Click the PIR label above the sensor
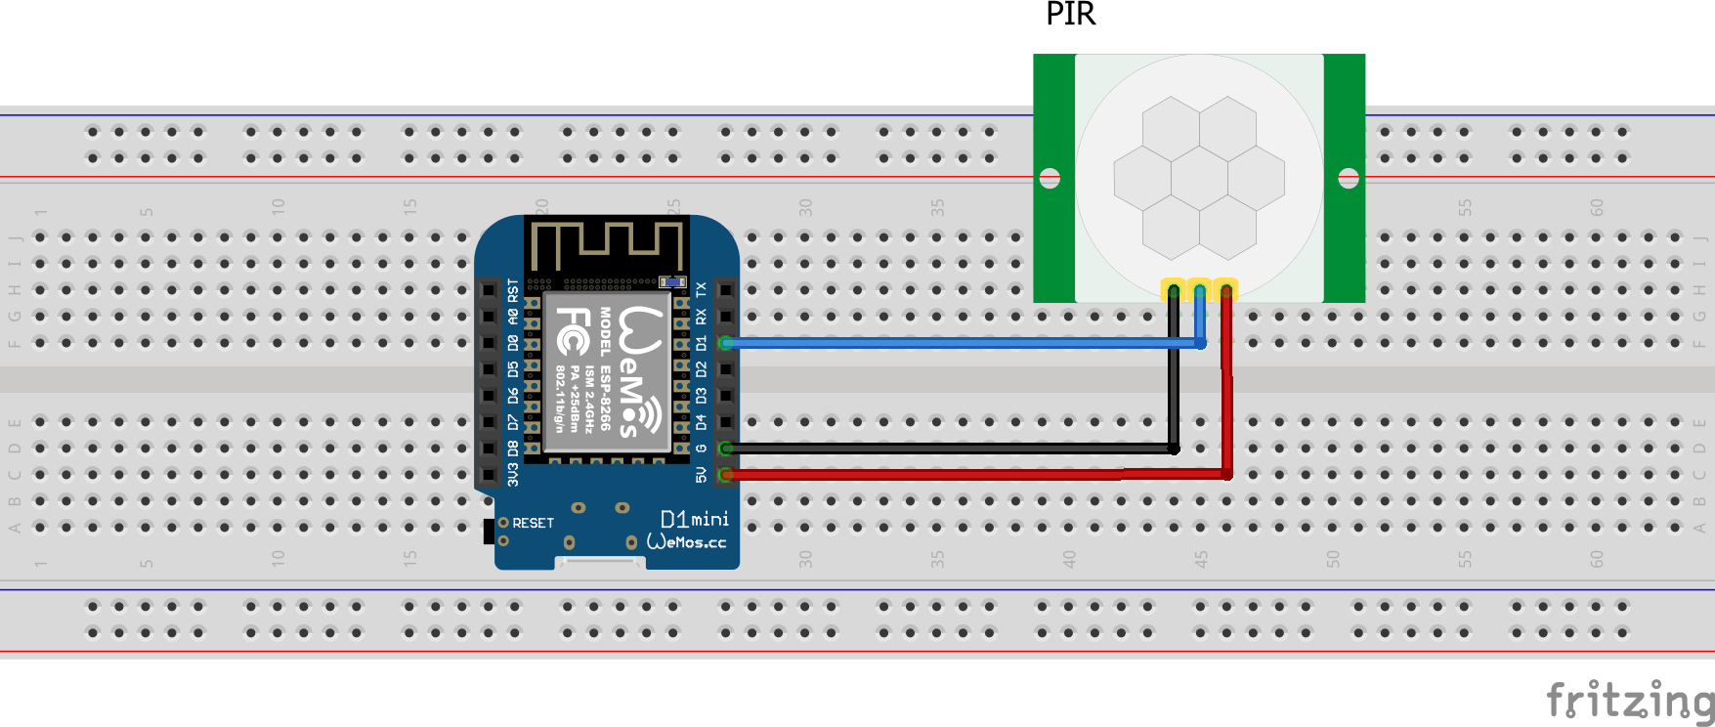click(1070, 14)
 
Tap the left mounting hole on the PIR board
click(1050, 178)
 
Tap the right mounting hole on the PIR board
click(1349, 178)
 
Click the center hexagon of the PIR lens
click(1199, 178)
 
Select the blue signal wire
click(958, 343)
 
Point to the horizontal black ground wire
click(948, 449)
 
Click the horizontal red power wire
click(948, 475)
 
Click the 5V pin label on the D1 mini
click(701, 475)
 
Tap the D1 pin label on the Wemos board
click(701, 343)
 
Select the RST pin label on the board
click(513, 290)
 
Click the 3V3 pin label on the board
click(513, 475)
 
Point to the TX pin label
click(701, 290)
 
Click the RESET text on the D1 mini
click(533, 524)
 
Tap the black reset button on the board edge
click(489, 532)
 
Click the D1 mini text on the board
click(694, 519)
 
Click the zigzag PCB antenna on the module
click(606, 244)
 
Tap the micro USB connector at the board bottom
click(599, 563)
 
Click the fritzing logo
click(1629, 701)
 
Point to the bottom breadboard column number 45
click(1200, 559)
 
